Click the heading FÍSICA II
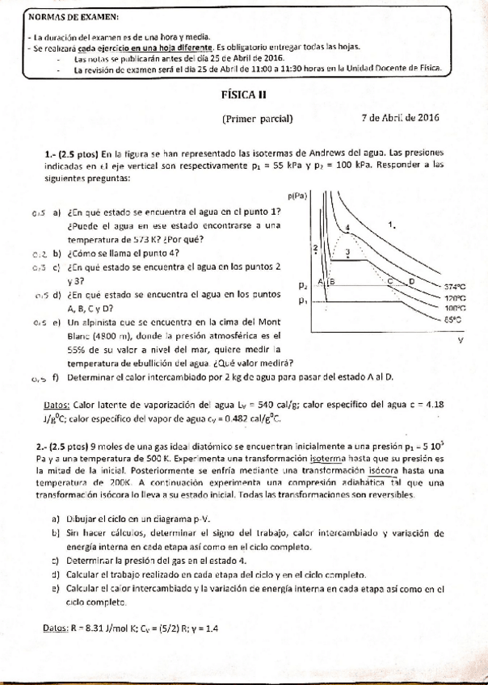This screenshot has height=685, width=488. click(244, 95)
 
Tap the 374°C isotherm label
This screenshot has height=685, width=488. click(455, 286)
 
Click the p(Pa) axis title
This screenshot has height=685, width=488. click(298, 195)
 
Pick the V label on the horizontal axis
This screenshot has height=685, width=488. click(460, 340)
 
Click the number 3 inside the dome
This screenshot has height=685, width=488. click(347, 253)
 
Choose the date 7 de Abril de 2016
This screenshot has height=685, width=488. click(401, 117)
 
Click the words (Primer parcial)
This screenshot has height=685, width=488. click(257, 118)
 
